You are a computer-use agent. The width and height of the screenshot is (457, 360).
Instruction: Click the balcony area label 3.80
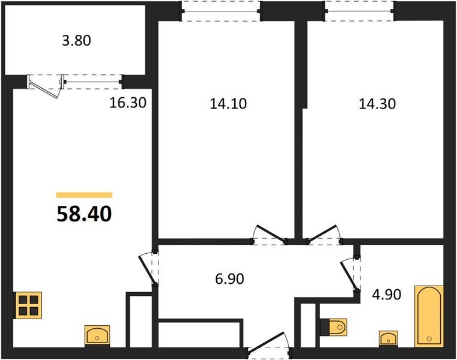tap(77, 41)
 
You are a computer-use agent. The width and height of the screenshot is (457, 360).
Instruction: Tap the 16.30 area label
tap(128, 103)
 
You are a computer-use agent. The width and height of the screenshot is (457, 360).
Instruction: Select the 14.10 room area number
tap(228, 103)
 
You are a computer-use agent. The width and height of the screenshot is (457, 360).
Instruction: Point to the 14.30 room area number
tap(377, 103)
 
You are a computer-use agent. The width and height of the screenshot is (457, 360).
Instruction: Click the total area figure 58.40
tap(84, 214)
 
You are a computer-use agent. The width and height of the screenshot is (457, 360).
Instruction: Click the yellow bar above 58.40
tap(84, 195)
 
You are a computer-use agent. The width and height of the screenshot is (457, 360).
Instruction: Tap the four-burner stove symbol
tap(28, 305)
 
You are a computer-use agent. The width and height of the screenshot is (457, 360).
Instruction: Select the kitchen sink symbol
tap(97, 334)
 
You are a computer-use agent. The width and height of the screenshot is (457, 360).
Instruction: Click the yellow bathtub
tap(429, 316)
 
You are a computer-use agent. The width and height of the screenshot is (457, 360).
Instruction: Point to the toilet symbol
tap(335, 328)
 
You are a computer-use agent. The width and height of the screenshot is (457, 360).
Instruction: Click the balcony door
tap(46, 86)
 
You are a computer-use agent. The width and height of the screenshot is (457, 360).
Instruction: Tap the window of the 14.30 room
tap(359, 11)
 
